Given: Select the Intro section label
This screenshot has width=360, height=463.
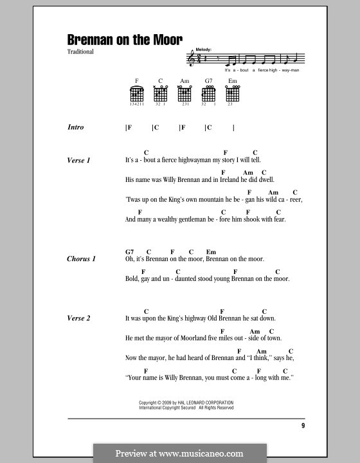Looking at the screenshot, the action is [x=76, y=128].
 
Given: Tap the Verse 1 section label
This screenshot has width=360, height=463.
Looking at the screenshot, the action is [x=78, y=160].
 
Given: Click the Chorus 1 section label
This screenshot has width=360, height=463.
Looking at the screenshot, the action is [x=81, y=259].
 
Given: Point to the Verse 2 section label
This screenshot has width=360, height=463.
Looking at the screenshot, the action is [x=78, y=318].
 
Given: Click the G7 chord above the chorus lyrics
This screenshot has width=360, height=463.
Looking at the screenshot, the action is [x=130, y=251].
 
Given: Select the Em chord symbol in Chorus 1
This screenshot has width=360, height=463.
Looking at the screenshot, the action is [x=210, y=251].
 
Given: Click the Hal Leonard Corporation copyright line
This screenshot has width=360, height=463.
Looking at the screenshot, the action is [x=186, y=402].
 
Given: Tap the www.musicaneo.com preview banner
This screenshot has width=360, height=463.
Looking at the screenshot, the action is [x=179, y=452].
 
